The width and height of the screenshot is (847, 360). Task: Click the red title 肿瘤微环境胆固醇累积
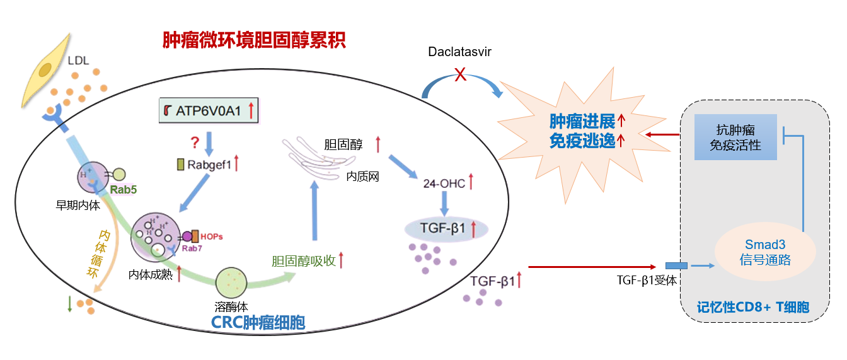pyautogui.click(x=254, y=42)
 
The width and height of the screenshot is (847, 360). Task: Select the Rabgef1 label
pyautogui.click(x=209, y=165)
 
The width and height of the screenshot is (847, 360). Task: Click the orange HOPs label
pyautogui.click(x=212, y=236)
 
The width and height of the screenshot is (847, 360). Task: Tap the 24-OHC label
pyautogui.click(x=444, y=183)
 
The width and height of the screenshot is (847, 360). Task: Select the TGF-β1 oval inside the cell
pyautogui.click(x=446, y=228)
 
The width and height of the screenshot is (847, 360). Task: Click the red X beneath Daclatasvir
pyautogui.click(x=461, y=75)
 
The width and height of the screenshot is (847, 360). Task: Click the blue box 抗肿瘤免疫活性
pyautogui.click(x=735, y=137)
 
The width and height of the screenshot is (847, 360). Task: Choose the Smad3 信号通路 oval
pyautogui.click(x=765, y=252)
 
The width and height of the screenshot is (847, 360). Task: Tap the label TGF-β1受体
pyautogui.click(x=646, y=281)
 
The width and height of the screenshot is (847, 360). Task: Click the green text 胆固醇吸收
pyautogui.click(x=303, y=260)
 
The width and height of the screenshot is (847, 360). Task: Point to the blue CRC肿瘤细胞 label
pyautogui.click(x=258, y=323)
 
